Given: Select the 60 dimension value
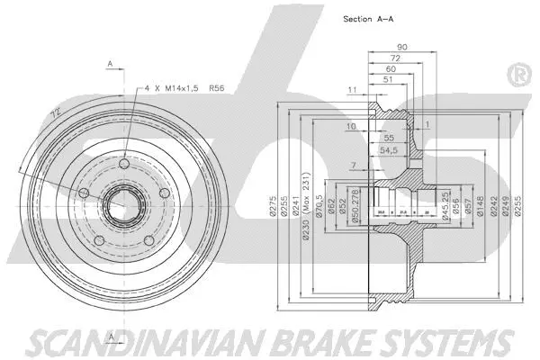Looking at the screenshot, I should click(389, 68).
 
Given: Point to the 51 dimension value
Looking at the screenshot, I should click(386, 79).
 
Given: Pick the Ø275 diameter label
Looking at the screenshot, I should click(271, 208).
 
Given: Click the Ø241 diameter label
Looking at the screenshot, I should click(298, 208).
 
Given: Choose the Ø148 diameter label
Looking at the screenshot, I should click(481, 208).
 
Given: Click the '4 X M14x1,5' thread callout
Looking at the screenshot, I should click(171, 89).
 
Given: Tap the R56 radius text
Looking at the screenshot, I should click(217, 89).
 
